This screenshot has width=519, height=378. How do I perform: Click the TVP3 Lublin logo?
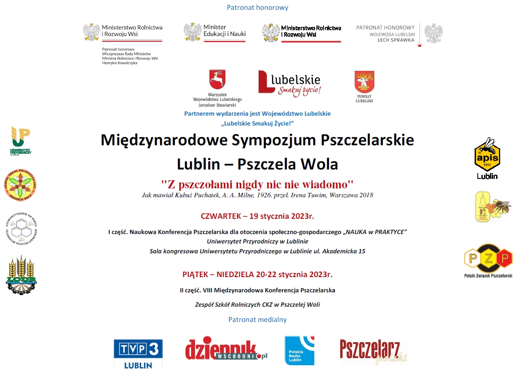point(138,353)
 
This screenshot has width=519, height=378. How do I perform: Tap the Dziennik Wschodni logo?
point(226,350)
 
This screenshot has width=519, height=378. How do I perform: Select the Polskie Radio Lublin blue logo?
point(299,350)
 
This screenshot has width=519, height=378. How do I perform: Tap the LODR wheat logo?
point(21,275)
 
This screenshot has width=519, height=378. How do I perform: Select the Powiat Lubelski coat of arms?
point(364,83)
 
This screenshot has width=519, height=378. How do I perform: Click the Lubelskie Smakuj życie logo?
point(290,83)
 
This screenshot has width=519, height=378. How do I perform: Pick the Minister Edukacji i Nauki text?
point(224,30)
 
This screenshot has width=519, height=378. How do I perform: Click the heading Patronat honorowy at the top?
point(257,8)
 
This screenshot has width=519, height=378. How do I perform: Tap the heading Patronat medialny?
point(257,320)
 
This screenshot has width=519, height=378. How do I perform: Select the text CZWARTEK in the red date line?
point(219,216)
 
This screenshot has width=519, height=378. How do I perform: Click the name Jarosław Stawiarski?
point(217,104)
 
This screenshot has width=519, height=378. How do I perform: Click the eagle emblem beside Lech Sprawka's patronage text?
point(433,34)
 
